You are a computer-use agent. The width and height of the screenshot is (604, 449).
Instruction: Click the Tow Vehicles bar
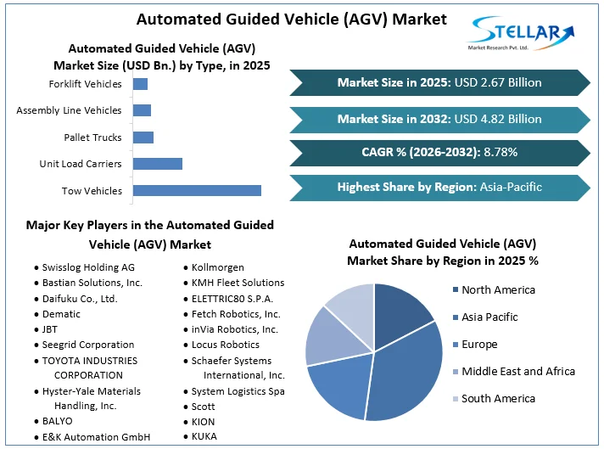coord(197,191)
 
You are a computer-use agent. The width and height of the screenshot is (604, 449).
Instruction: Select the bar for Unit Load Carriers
coord(158,164)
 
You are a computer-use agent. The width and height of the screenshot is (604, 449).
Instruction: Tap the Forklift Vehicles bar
coord(140,84)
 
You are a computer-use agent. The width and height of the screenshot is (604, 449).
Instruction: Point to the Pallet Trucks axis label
coord(92,138)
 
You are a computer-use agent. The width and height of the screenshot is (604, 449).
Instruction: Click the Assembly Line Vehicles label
coord(69,110)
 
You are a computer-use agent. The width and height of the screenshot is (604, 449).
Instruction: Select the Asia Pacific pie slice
coord(407,373)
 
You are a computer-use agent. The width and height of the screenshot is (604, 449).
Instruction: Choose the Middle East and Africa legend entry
coord(518,371)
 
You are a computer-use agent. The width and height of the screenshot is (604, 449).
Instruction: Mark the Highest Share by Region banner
coord(439,187)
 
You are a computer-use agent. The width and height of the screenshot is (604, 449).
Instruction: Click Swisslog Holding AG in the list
coord(88,267)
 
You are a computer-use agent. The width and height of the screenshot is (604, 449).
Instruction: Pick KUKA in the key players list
coord(204,436)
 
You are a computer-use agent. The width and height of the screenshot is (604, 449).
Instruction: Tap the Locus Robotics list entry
coord(225,345)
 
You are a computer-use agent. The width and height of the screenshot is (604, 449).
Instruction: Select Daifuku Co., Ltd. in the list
coord(80,299)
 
